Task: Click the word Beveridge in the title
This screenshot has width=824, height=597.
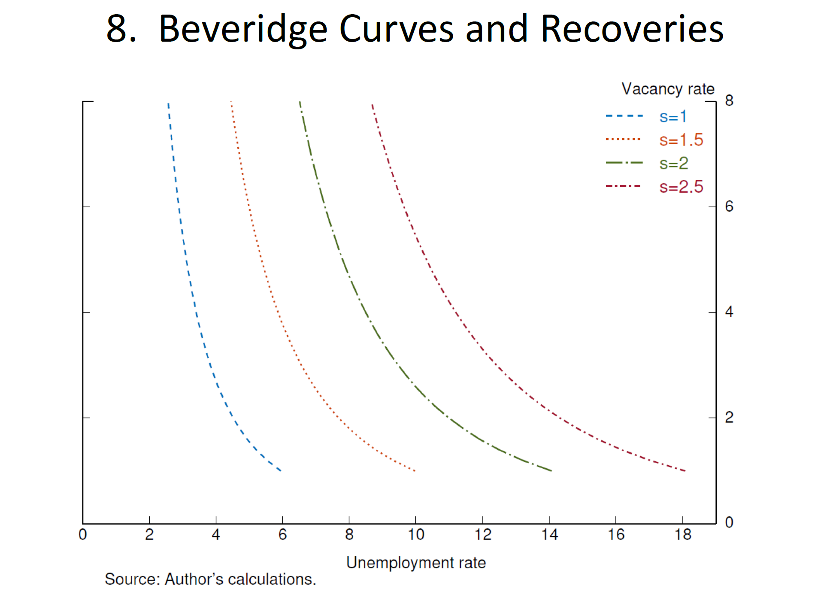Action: [x=243, y=29]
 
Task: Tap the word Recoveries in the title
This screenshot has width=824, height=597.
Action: [x=632, y=29]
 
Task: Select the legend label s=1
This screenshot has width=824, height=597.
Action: [x=673, y=117]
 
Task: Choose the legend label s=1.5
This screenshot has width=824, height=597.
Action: [x=681, y=140]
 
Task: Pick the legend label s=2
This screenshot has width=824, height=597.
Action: [x=674, y=164]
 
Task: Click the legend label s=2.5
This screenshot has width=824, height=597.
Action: [x=681, y=187]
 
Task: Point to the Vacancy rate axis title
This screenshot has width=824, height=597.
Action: [x=668, y=89]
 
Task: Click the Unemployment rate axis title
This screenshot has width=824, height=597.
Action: [x=416, y=563]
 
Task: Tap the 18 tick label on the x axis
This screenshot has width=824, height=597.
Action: [x=682, y=535]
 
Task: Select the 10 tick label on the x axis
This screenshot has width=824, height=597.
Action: [x=415, y=535]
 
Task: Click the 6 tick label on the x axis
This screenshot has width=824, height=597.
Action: [x=282, y=535]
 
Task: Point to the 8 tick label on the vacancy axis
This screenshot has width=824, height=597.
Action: [x=729, y=100]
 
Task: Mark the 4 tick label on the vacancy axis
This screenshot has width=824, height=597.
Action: [x=729, y=312]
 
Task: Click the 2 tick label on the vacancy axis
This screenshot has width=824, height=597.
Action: [x=729, y=417]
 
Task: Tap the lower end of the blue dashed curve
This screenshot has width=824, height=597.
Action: [x=280, y=470]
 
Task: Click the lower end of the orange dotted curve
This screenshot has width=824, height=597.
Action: [x=415, y=471]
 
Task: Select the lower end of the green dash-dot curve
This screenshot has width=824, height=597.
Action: [x=551, y=471]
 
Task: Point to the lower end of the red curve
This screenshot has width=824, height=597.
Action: [x=685, y=471]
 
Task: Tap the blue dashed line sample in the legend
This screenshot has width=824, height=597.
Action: [x=624, y=116]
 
